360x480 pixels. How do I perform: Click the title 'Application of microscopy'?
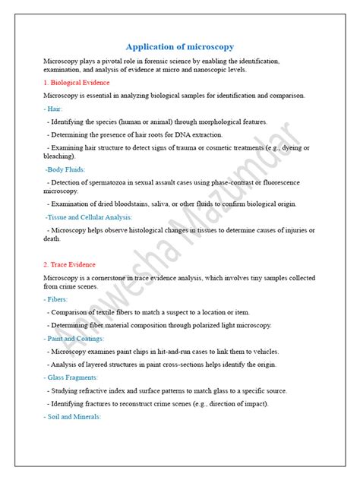click(179, 46)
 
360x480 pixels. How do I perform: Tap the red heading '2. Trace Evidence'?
click(70, 264)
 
